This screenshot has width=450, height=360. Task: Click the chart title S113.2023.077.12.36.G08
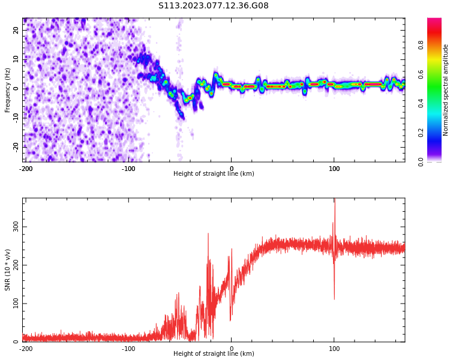(214, 6)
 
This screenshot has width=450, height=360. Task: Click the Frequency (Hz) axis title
(8, 90)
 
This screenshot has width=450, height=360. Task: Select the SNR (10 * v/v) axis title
(8, 270)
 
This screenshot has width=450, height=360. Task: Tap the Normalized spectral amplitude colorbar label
(446, 90)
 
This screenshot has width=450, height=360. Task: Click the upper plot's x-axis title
(214, 173)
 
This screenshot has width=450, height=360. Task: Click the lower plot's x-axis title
(214, 353)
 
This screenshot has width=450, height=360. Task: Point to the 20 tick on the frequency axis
(16, 30)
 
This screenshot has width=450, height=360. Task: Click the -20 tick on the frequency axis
(16, 146)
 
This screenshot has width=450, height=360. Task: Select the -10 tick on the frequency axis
(16, 118)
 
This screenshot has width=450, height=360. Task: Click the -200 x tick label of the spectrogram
(26, 169)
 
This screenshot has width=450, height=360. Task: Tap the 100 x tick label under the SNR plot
(334, 349)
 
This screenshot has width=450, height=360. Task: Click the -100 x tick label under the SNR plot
(128, 349)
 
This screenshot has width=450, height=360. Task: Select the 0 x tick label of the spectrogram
(232, 169)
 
